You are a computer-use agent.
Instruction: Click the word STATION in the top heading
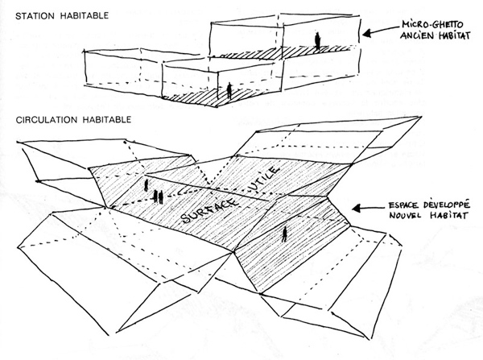pyautogui.click(x=35, y=16)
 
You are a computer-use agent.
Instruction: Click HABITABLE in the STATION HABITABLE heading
pyautogui.click(x=84, y=16)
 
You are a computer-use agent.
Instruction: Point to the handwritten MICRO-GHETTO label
pyautogui.click(x=432, y=25)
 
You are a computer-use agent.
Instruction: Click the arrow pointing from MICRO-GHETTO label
pyautogui.click(x=380, y=31)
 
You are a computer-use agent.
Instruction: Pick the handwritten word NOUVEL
pyautogui.click(x=405, y=215)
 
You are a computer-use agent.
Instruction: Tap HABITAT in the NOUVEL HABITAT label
pyautogui.click(x=448, y=215)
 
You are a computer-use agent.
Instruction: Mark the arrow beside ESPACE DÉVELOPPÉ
pyautogui.click(x=368, y=209)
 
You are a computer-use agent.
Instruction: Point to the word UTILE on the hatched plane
pyautogui.click(x=266, y=179)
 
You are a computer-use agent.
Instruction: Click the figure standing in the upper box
pyautogui.click(x=317, y=41)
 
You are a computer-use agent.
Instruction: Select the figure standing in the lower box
pyautogui.click(x=229, y=91)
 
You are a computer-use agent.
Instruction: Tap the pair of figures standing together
pyautogui.click(x=158, y=197)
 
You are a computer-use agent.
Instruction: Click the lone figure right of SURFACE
pyautogui.click(x=284, y=234)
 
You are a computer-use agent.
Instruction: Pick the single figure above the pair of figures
pyautogui.click(x=146, y=185)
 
